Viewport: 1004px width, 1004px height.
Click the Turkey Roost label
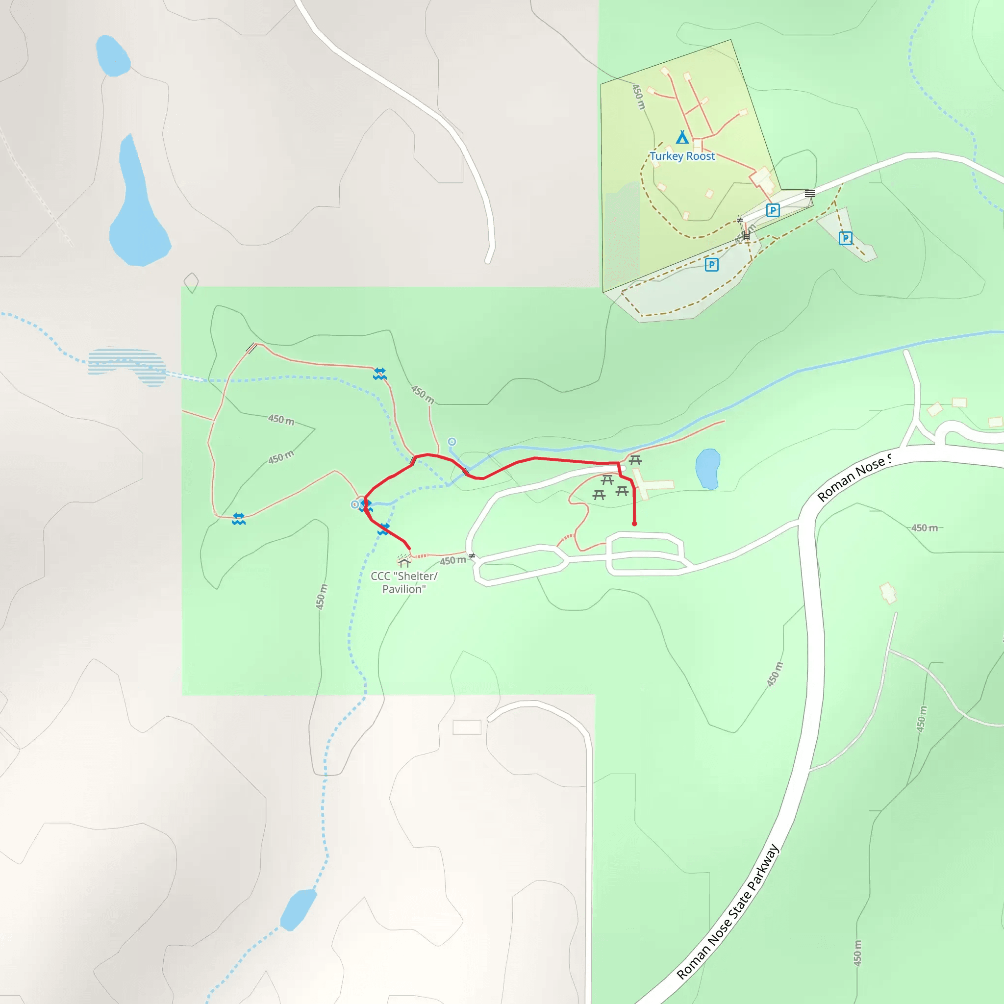tap(682, 156)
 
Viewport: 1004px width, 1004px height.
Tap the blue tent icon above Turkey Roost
tap(682, 137)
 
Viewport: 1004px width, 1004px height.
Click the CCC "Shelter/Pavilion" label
tap(404, 582)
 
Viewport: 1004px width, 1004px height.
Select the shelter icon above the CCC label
tap(404, 561)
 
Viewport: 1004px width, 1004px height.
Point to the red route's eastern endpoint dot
tap(634, 524)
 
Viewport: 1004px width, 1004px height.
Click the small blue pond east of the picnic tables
tap(707, 469)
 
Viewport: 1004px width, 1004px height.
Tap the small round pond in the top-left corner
tap(112, 55)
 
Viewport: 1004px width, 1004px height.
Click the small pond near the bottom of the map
tap(298, 909)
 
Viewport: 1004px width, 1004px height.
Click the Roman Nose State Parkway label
tap(728, 912)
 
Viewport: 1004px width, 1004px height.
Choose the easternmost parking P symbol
tap(846, 238)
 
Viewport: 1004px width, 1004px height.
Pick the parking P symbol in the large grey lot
tap(711, 265)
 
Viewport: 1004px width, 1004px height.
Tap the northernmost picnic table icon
tap(635, 460)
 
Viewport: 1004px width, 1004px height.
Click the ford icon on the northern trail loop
tap(380, 374)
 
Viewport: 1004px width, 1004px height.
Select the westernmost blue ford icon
tap(239, 519)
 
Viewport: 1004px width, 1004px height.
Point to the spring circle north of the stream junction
tap(452, 442)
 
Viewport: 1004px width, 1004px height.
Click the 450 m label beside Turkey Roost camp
tap(638, 97)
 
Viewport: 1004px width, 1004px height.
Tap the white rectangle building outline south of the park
tap(467, 727)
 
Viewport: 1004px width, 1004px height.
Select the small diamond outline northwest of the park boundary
tap(191, 283)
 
